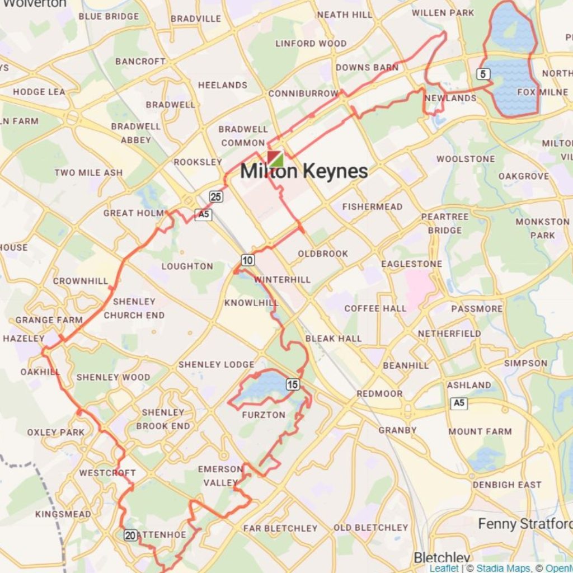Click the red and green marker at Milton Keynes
point(275,158)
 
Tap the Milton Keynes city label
point(304,172)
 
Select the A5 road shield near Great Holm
point(204,214)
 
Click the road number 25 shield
point(217,196)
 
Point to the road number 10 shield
point(248,260)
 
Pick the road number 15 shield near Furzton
point(293,384)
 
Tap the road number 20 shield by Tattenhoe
point(130,535)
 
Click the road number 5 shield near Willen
point(483,73)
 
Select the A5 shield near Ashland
point(459,403)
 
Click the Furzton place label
point(264,415)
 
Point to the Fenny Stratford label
point(524,524)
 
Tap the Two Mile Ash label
point(88,172)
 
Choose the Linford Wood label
point(311,44)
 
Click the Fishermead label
point(372,207)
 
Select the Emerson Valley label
point(220,476)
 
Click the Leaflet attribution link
point(444,569)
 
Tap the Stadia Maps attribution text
point(502,569)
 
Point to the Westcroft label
point(107,473)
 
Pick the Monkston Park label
point(542,228)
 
